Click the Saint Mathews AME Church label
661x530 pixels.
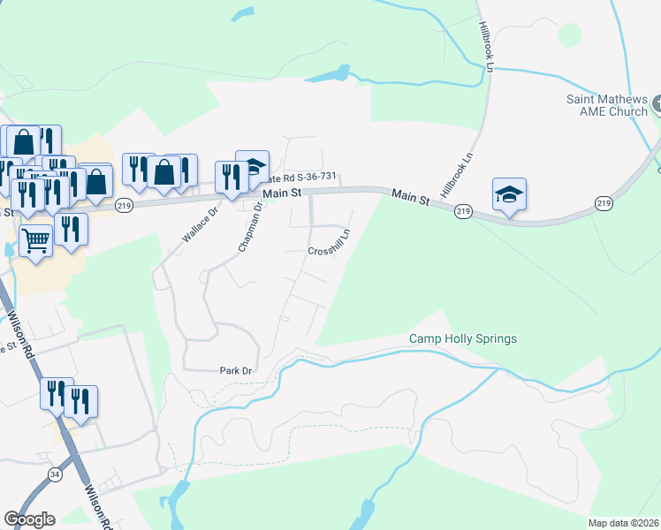coord(607,106)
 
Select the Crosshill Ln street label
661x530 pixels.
coord(329,243)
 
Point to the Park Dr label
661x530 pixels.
coord(236,370)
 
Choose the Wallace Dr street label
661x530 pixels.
coord(200,226)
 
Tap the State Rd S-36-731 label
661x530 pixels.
coord(305,178)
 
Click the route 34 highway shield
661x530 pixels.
coord(56,475)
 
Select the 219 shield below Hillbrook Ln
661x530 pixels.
coord(462,212)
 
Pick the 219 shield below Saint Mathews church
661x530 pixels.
coord(604,204)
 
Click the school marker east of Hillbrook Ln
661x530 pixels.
coord(509,193)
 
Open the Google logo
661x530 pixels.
coord(29,519)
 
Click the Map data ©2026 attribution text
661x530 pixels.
coord(623,523)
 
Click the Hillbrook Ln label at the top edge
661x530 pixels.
coord(486,42)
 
